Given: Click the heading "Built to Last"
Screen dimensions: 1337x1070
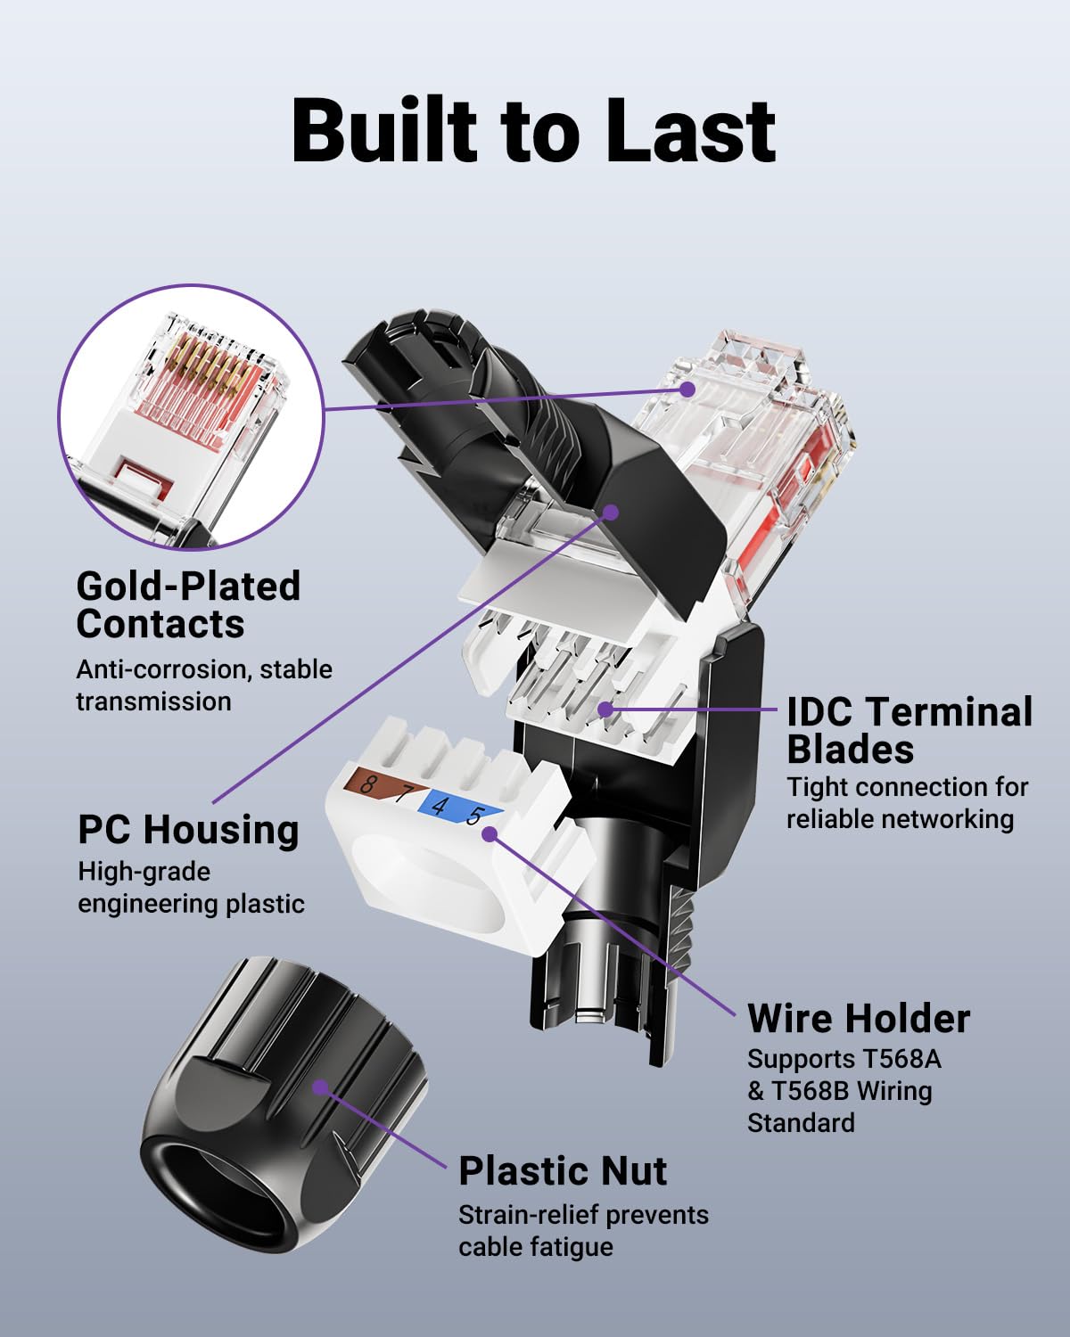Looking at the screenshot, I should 533,131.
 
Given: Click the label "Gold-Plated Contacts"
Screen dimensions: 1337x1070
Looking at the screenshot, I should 188,605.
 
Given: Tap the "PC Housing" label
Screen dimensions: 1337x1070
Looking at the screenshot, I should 188,829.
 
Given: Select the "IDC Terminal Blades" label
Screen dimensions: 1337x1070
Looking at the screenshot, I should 909,730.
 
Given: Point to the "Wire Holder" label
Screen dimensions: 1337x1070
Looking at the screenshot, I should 859,1018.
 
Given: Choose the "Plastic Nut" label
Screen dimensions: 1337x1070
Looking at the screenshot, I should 563,1170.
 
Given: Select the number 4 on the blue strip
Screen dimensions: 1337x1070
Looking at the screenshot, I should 439,807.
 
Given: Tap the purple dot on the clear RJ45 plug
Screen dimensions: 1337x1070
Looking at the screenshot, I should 687,390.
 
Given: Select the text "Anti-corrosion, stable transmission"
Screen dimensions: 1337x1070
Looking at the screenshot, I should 203,685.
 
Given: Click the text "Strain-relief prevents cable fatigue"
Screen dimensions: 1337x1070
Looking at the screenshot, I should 583,1230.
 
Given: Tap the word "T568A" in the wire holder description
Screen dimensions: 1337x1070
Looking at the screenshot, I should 901,1059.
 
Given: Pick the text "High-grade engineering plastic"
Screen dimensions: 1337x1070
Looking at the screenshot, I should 191,887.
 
